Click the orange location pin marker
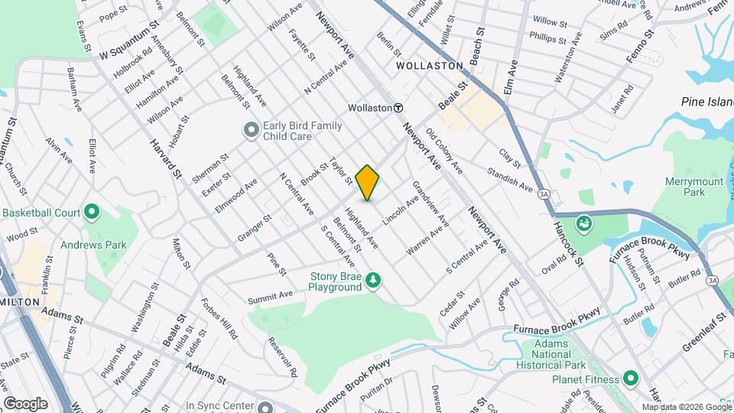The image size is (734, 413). pos(368,183)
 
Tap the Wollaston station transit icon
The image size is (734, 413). pos(398,109)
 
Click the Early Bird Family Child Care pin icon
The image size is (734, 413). pos(250,131)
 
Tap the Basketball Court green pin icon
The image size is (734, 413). pos(92,211)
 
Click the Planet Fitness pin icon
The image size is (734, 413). pos(631,378)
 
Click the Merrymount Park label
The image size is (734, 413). pos(685,187)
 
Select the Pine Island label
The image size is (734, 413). pos(708,102)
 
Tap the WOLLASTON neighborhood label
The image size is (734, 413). pos(430,66)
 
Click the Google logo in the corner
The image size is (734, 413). pos(26,404)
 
